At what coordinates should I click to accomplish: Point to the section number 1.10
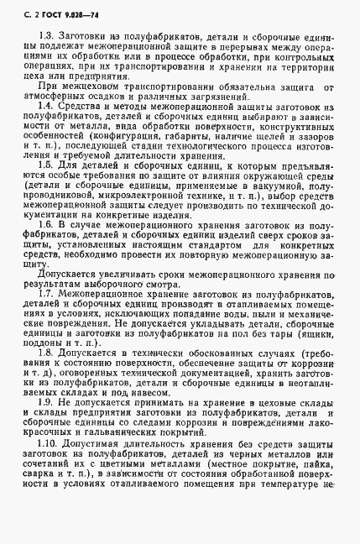click(x=49, y=467)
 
